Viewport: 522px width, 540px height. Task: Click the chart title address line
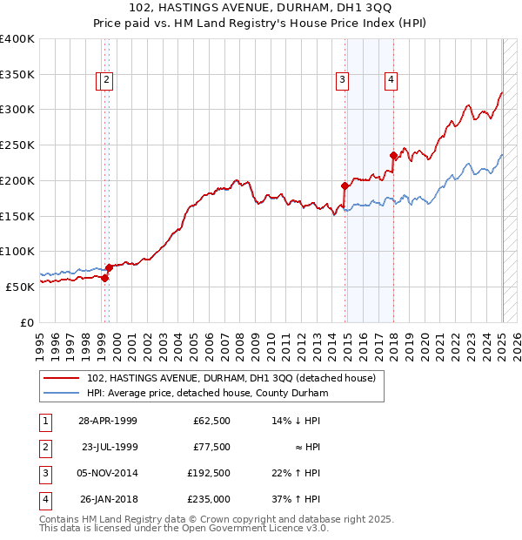(x=261, y=10)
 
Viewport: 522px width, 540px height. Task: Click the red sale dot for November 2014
(x=345, y=186)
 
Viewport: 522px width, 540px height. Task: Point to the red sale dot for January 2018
(x=394, y=156)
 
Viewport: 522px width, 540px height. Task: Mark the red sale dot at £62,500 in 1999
(x=105, y=278)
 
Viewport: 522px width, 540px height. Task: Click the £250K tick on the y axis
(x=17, y=145)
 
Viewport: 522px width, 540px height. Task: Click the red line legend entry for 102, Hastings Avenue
(x=231, y=378)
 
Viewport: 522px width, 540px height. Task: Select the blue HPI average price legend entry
(x=205, y=394)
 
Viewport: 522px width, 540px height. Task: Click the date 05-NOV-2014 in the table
(x=108, y=473)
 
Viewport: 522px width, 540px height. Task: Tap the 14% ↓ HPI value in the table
(x=297, y=421)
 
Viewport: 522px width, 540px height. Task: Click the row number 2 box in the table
(x=43, y=447)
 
